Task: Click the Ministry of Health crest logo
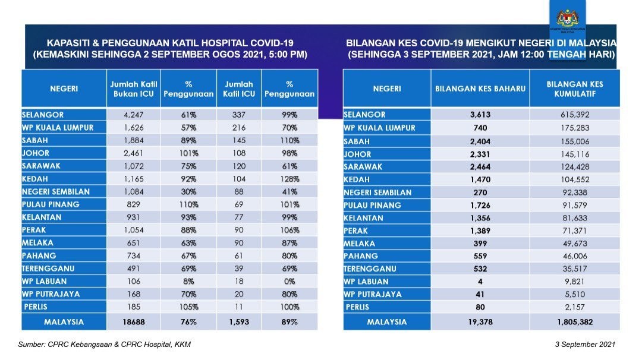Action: click(569, 20)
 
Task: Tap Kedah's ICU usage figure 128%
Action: click(289, 179)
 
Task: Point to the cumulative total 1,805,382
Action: click(574, 321)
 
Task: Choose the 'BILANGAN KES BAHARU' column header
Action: click(480, 89)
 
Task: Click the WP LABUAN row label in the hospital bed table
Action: click(45, 282)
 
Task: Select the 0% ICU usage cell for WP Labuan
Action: click(289, 282)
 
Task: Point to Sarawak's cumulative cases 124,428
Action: click(574, 166)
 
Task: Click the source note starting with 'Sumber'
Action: click(105, 345)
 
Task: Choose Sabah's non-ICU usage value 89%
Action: click(188, 141)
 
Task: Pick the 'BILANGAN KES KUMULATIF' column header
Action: click(574, 89)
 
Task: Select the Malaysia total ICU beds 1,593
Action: click(238, 321)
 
